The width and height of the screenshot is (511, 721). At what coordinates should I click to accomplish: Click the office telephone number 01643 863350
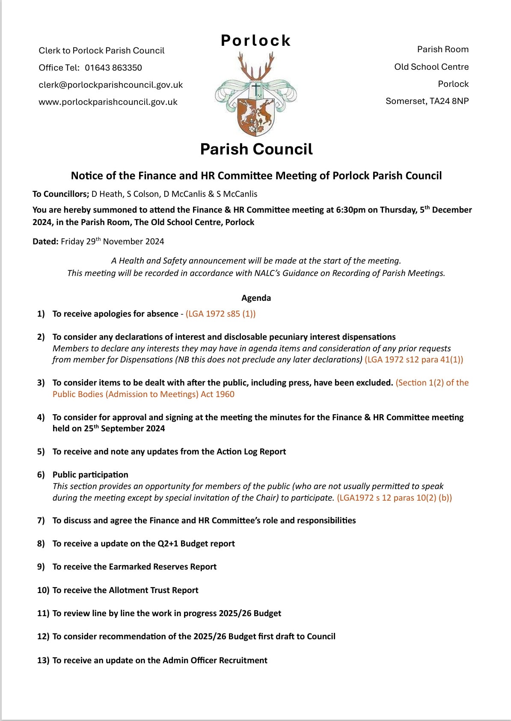113,68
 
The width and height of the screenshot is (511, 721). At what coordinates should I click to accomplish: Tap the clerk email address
110,85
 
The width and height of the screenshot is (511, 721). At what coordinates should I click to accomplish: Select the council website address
108,102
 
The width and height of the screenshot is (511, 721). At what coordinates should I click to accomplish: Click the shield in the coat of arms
256,114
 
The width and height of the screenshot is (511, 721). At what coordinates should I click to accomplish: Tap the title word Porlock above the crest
256,41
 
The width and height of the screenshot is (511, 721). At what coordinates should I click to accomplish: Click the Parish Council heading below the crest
256,149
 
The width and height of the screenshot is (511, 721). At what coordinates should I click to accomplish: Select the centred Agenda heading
256,298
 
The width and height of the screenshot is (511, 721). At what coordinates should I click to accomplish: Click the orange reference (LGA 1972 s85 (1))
220,314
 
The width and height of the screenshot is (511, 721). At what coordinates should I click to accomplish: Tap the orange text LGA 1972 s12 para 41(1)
413,359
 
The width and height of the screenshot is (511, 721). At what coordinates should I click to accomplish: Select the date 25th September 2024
124,428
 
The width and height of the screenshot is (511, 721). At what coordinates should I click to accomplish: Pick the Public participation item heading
90,475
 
